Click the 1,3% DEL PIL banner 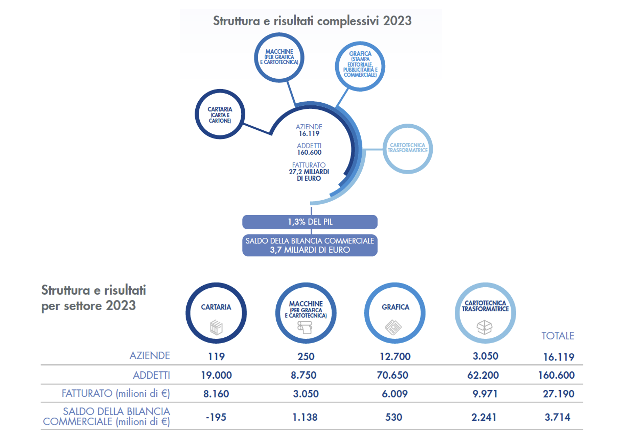tap(310, 222)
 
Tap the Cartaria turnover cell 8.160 tap(216, 394)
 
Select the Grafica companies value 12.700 tap(395, 356)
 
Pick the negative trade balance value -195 tap(216, 417)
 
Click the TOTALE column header tap(557, 336)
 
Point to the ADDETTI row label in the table tap(151, 375)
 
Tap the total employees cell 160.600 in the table tap(556, 375)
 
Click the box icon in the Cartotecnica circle tap(485, 327)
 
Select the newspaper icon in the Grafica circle tap(393, 327)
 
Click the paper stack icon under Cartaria tap(216, 328)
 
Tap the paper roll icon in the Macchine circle tap(305, 328)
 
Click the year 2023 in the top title tap(397, 21)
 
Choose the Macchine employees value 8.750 tap(303, 375)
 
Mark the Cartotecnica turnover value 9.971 tap(485, 394)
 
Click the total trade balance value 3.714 tap(557, 417)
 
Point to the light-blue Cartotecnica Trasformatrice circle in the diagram tap(407, 148)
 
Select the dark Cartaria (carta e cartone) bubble tap(220, 114)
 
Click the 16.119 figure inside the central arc tap(309, 134)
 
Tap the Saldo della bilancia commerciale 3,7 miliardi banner tap(310, 245)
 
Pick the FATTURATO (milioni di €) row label tap(116, 394)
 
